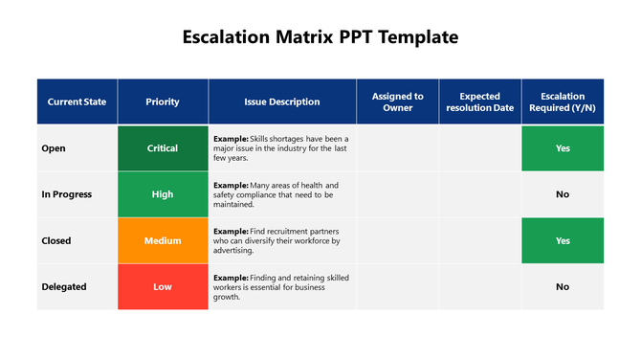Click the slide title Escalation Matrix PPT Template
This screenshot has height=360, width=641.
[320, 37]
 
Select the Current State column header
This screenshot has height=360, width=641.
[77, 101]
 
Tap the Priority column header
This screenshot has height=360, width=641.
[163, 101]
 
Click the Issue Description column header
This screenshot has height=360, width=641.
[282, 101]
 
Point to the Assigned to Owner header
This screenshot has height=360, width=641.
[398, 101]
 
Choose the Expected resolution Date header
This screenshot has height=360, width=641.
[480, 101]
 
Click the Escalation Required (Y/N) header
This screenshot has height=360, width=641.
[563, 101]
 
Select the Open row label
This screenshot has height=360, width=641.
[54, 148]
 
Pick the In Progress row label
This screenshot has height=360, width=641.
[67, 194]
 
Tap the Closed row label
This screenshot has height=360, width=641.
[56, 240]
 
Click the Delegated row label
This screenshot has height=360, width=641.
[64, 286]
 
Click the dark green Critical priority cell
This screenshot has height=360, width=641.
[163, 148]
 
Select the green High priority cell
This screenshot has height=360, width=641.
[163, 194]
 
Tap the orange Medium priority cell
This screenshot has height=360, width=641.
[163, 240]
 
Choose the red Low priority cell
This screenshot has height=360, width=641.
[163, 286]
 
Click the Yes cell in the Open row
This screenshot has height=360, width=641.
[563, 148]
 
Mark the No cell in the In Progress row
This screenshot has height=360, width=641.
[563, 194]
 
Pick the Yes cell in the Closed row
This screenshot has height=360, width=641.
[563, 240]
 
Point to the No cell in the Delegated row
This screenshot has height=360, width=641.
[563, 286]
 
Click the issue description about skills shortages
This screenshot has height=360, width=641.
[280, 148]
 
